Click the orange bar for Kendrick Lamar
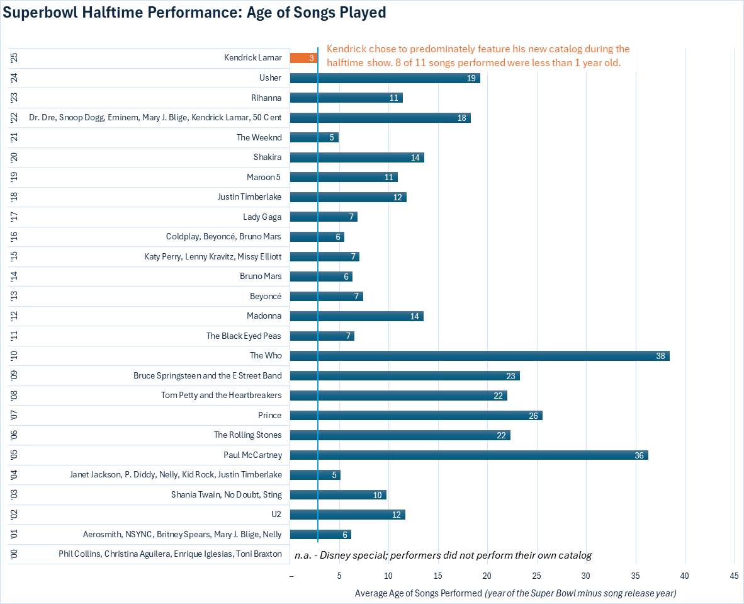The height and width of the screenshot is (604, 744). [x=303, y=58]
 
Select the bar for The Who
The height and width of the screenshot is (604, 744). [x=479, y=356]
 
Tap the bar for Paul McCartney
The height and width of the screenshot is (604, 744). [x=468, y=455]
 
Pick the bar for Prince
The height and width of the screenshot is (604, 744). [x=415, y=416]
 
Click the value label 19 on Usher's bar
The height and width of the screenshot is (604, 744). [x=471, y=78]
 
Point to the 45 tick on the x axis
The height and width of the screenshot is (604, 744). [x=733, y=576]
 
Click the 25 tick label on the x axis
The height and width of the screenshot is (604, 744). [x=537, y=576]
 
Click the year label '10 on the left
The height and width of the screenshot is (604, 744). [x=14, y=356]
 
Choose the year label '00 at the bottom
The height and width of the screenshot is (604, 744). [x=14, y=555]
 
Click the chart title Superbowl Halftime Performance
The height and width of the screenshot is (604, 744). [x=195, y=13]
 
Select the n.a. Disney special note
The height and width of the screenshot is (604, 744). [x=442, y=556]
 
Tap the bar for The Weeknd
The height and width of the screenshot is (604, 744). [x=313, y=137]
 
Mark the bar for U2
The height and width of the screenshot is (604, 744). [x=347, y=515]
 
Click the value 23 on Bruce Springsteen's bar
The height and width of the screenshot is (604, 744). [x=510, y=376]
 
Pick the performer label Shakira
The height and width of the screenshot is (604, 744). [x=268, y=157]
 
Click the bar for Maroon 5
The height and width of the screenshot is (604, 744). [x=343, y=177]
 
